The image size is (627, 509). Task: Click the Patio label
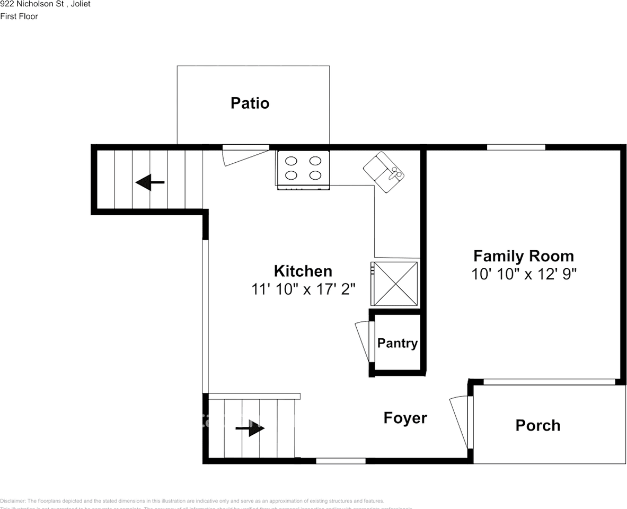pyautogui.click(x=250, y=103)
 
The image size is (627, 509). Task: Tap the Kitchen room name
pyautogui.click(x=303, y=271)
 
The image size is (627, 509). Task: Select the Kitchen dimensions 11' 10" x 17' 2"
pyautogui.click(x=303, y=289)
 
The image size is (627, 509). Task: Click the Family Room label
pyautogui.click(x=523, y=256)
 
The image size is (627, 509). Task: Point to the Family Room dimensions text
pyautogui.click(x=523, y=274)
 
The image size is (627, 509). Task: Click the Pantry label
pyautogui.click(x=397, y=343)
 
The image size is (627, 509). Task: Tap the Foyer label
pyautogui.click(x=405, y=418)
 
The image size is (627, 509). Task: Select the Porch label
pyautogui.click(x=537, y=425)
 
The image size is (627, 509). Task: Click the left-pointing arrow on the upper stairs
pyautogui.click(x=150, y=182)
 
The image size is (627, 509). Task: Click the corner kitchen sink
pyautogui.click(x=384, y=172)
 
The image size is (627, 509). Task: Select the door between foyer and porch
pyautogui.click(x=459, y=422)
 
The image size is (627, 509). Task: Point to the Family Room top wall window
pyautogui.click(x=516, y=147)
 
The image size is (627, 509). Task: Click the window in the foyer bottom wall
pyautogui.click(x=340, y=461)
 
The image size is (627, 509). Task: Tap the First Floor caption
pyautogui.click(x=19, y=16)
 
